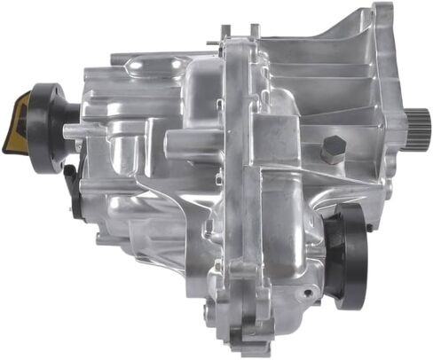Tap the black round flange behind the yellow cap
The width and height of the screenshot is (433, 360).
40,123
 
